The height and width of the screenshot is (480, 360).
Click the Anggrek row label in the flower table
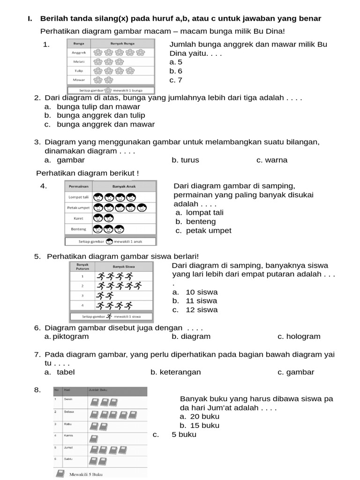(x=78, y=52)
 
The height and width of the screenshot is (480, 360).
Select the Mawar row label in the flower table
(x=78, y=80)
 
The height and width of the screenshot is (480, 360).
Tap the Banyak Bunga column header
(x=122, y=43)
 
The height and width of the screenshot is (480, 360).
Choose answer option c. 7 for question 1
(x=176, y=80)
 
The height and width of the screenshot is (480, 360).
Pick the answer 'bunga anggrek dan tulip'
(x=101, y=115)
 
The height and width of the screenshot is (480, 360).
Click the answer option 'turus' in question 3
(x=185, y=160)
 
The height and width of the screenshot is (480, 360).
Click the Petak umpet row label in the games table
(x=78, y=208)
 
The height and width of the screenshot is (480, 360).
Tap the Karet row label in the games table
(x=78, y=218)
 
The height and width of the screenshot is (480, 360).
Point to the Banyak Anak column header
(x=125, y=186)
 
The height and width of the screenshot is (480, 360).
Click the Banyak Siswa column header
(x=124, y=266)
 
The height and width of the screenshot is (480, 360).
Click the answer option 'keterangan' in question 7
(x=176, y=372)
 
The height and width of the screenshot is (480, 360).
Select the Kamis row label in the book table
(x=68, y=435)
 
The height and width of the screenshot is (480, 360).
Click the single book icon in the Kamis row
(x=94, y=439)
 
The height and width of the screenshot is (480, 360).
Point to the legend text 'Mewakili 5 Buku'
(x=86, y=474)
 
